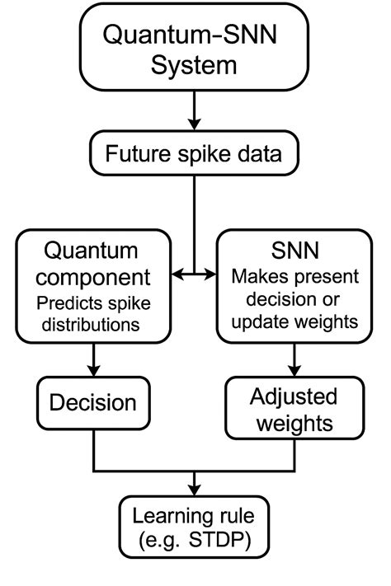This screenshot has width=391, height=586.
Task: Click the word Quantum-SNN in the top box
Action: pyautogui.click(x=195, y=36)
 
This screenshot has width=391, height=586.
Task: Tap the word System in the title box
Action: pyautogui.click(x=195, y=65)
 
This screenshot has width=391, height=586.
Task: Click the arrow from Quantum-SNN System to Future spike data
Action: pyautogui.click(x=195, y=110)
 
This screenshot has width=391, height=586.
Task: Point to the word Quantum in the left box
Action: pyautogui.click(x=91, y=250)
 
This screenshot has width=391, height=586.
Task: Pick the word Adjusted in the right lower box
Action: pyautogui.click(x=293, y=397)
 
